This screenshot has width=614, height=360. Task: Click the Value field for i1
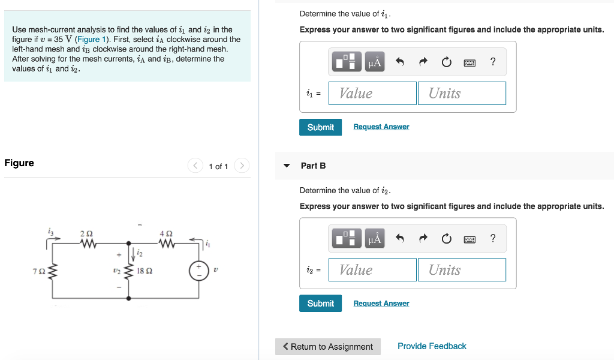(x=372, y=93)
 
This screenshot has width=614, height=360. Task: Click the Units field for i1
(x=461, y=93)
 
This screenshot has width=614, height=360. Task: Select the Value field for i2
(x=372, y=269)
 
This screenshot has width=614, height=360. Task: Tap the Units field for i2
(x=461, y=269)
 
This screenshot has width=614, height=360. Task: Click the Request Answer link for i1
(x=381, y=127)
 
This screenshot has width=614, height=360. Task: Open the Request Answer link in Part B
(x=381, y=303)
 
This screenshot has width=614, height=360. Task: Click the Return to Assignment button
(x=328, y=346)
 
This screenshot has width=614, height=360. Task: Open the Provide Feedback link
(x=432, y=346)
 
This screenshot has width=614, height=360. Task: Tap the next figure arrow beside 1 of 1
(x=241, y=166)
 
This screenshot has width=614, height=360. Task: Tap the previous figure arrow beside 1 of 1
(x=195, y=166)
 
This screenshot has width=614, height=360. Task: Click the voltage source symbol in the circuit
(x=198, y=271)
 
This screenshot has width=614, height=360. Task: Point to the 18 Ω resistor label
(x=145, y=271)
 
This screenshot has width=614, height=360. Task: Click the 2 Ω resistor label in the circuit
(x=86, y=233)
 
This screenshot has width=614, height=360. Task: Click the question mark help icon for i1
(x=493, y=61)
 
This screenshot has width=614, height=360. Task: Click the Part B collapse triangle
(x=287, y=166)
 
